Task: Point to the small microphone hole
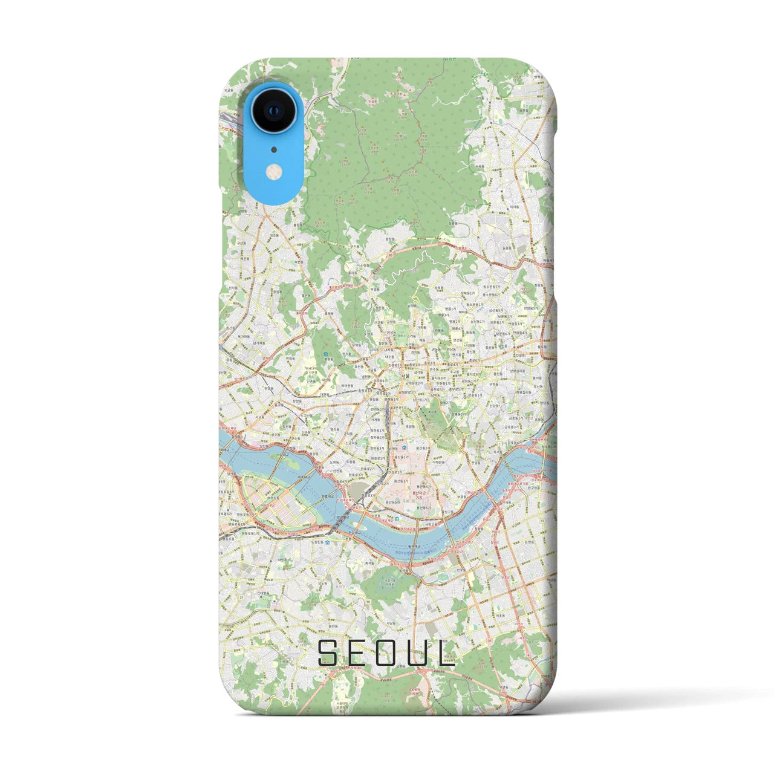(274, 149)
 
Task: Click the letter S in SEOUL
(330, 652)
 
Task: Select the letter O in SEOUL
(388, 652)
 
